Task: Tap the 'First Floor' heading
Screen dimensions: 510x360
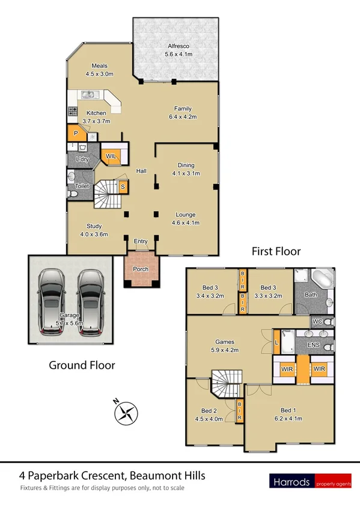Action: [x=276, y=251]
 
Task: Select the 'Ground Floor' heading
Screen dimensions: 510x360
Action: [x=82, y=364]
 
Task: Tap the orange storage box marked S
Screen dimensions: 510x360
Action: [x=123, y=186]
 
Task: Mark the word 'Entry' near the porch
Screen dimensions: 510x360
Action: [x=141, y=241]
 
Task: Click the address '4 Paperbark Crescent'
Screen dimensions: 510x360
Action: [x=67, y=476]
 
